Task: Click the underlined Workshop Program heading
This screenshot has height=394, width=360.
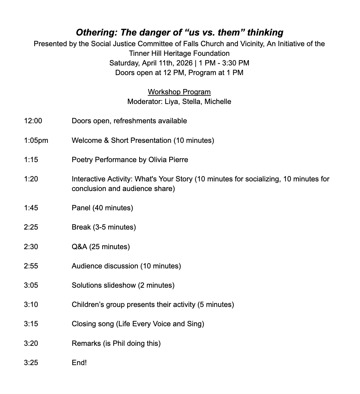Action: point(179,92)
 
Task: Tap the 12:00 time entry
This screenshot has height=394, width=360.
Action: point(33,121)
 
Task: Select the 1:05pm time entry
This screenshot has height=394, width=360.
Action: point(36,141)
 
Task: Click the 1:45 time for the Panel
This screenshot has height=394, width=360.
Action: point(31,208)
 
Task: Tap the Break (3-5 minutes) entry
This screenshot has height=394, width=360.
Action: point(104,227)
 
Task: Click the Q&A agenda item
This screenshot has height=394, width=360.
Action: point(101,247)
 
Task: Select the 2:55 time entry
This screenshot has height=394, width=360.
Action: point(31,266)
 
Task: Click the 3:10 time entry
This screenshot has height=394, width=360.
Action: point(31,305)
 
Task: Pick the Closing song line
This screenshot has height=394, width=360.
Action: point(138,324)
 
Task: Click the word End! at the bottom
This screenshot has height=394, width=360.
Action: point(79,363)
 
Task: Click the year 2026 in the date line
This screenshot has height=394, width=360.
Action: point(184,63)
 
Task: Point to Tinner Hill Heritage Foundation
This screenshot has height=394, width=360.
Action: point(179,53)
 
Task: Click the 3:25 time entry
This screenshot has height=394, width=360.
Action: point(31,363)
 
